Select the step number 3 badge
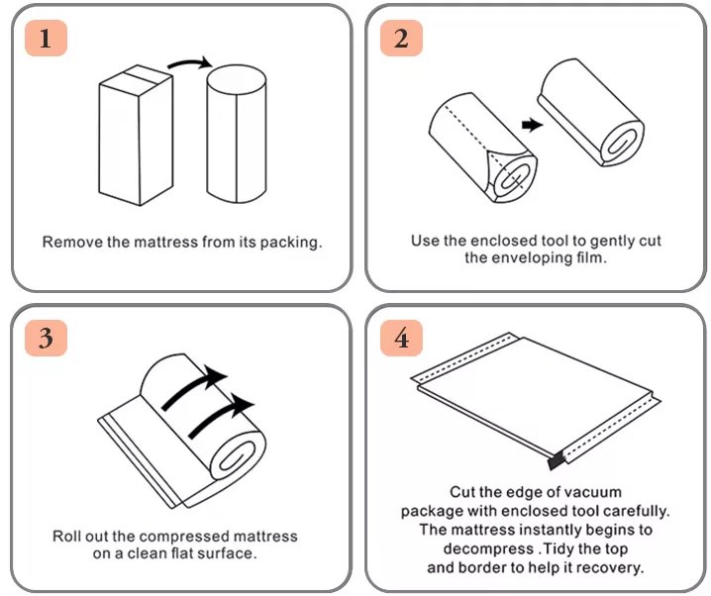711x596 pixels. [x=46, y=338]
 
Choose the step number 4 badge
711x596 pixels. [x=401, y=338]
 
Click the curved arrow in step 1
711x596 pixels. [x=189, y=63]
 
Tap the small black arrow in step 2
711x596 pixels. [x=533, y=125]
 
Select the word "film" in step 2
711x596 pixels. [x=590, y=258]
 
